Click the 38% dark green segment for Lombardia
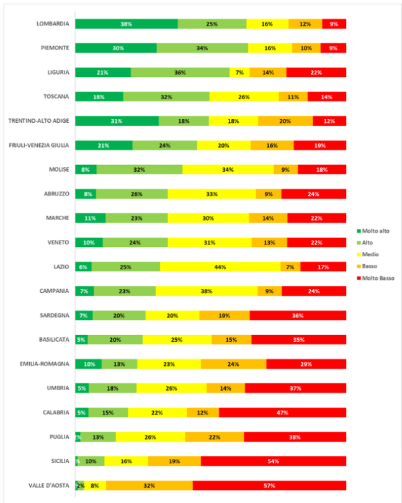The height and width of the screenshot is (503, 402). pyautogui.click(x=127, y=24)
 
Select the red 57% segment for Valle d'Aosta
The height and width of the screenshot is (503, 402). pyautogui.click(x=269, y=486)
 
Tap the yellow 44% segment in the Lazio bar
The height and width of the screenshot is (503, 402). pyautogui.click(x=220, y=267)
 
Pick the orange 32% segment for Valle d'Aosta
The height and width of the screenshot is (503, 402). pyautogui.click(x=149, y=486)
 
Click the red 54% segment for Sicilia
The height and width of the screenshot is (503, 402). pyautogui.click(x=274, y=461)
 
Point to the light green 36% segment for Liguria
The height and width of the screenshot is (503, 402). pyautogui.click(x=180, y=73)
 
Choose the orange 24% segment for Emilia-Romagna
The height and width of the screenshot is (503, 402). pyautogui.click(x=233, y=364)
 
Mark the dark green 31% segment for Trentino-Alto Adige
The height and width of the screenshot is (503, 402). pyautogui.click(x=117, y=121)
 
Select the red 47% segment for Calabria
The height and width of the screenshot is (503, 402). pyautogui.click(x=282, y=412)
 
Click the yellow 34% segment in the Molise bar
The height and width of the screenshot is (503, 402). pyautogui.click(x=228, y=169)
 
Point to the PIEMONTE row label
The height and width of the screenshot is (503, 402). pyautogui.click(x=53, y=48)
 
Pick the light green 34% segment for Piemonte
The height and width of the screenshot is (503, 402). pyautogui.click(x=202, y=48)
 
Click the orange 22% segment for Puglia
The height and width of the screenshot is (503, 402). pyautogui.click(x=215, y=437)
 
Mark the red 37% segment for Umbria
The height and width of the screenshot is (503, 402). pyautogui.click(x=295, y=388)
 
